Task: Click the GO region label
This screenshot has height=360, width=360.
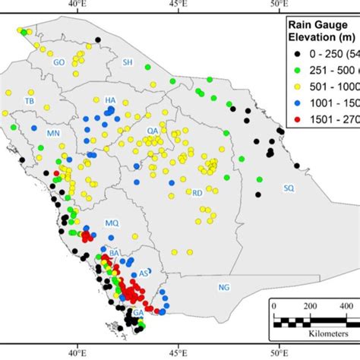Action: tap(58, 63)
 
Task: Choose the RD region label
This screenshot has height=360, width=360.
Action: tap(197, 194)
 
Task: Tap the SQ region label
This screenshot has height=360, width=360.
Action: tap(288, 187)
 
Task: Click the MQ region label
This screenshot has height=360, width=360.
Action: tap(112, 223)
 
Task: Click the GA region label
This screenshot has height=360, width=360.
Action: tap(138, 312)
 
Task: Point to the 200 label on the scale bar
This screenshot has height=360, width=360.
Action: tap(310, 305)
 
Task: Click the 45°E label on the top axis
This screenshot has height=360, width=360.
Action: tap(178, 6)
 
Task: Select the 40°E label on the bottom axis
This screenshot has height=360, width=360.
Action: tap(77, 352)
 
